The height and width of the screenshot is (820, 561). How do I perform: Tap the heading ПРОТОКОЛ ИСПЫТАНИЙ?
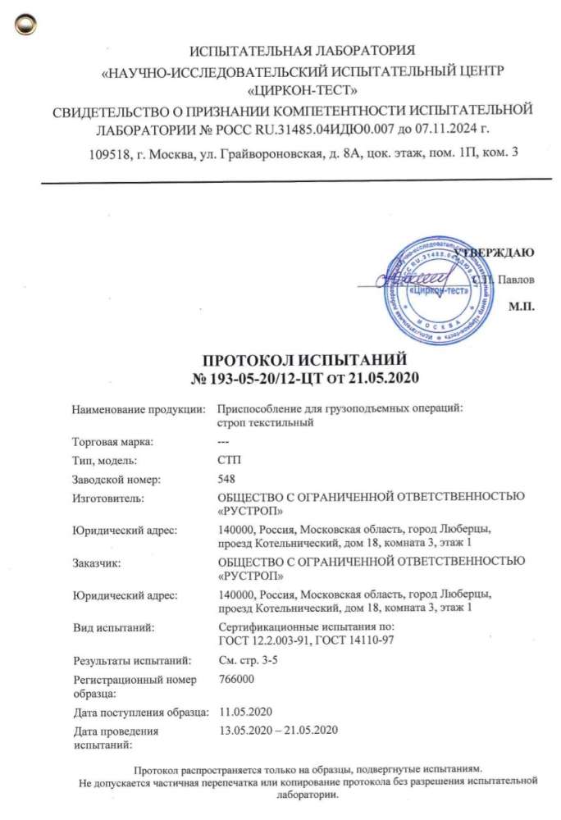(x=305, y=360)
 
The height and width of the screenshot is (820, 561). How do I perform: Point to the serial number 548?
(x=220, y=479)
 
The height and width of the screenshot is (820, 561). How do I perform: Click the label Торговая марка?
(x=113, y=443)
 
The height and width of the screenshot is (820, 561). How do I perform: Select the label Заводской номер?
(x=116, y=479)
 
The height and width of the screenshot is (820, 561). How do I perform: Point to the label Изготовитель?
(x=108, y=497)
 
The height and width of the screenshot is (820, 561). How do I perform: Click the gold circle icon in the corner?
(x=27, y=26)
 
